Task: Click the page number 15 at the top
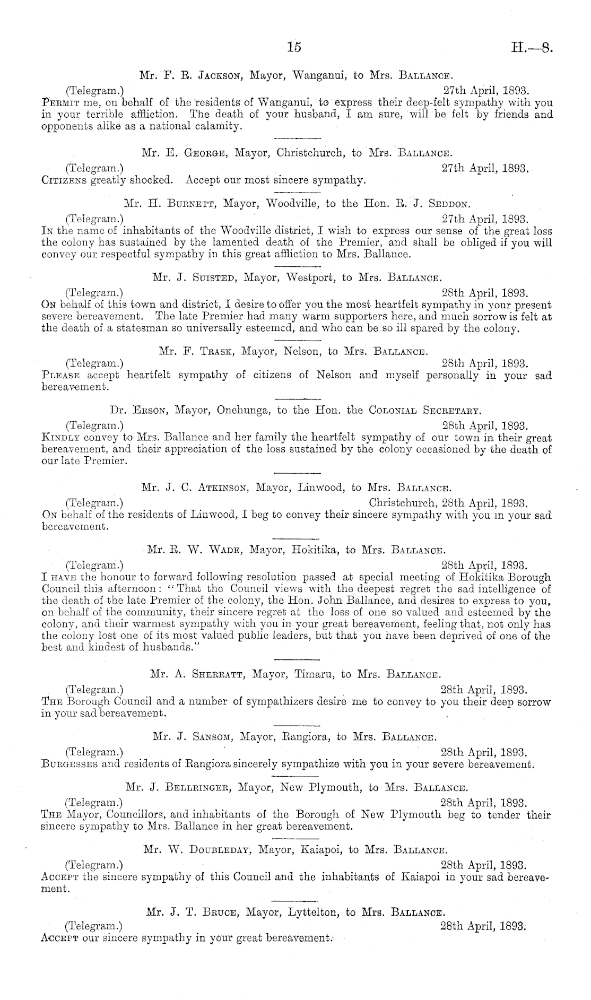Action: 293,47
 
